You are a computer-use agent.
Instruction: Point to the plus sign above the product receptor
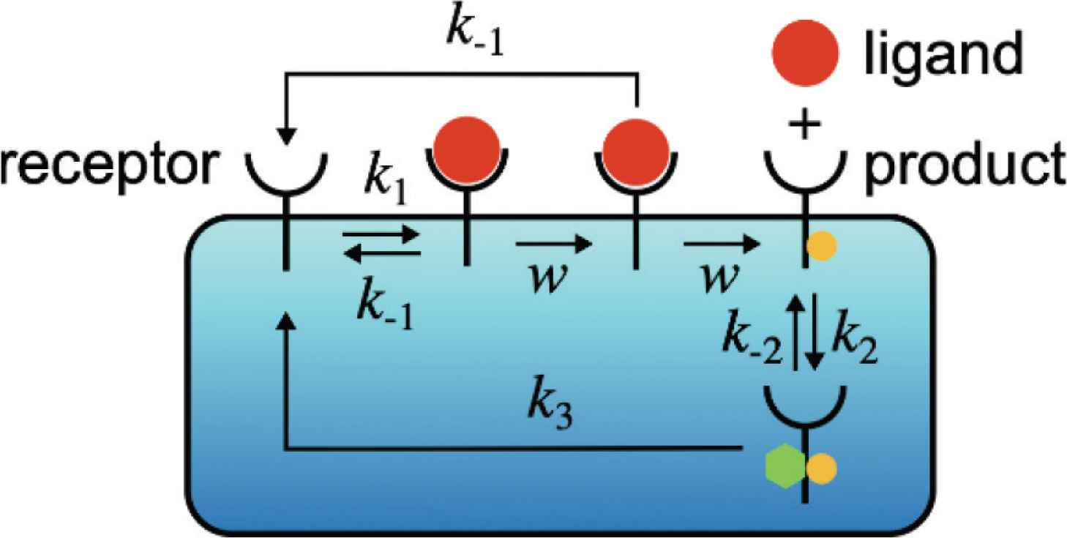click(804, 129)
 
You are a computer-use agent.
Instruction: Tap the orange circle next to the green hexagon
click(820, 466)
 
